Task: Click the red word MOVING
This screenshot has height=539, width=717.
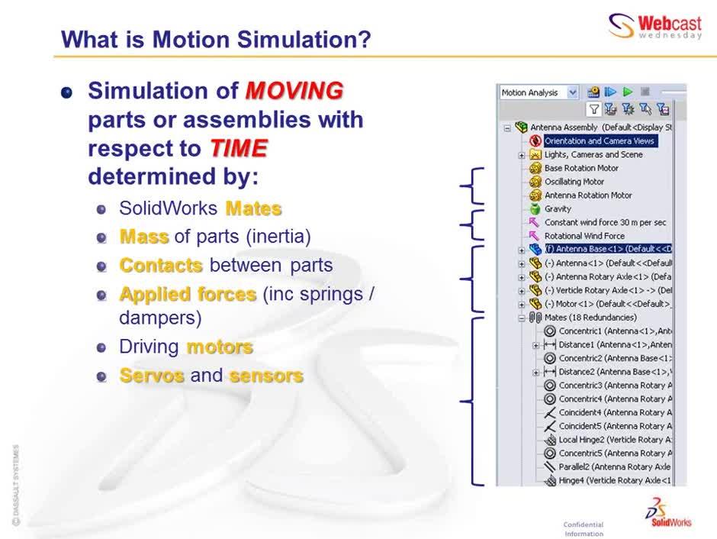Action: (x=294, y=92)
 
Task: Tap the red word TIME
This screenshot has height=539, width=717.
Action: (x=238, y=148)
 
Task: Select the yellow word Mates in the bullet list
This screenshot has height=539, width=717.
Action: (x=253, y=208)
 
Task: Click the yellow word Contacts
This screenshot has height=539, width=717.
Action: (x=161, y=266)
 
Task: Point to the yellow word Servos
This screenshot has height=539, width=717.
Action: (x=152, y=376)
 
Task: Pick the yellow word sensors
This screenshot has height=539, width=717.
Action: (x=266, y=376)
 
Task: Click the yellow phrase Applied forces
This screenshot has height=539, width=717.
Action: (x=188, y=294)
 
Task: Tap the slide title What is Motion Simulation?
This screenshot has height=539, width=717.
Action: (x=215, y=39)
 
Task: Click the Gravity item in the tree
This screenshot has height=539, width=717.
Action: (x=558, y=209)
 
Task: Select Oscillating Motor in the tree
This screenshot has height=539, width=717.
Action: (x=574, y=182)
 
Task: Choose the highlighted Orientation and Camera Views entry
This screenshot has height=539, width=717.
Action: (x=599, y=140)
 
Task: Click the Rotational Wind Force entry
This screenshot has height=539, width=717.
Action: (x=584, y=236)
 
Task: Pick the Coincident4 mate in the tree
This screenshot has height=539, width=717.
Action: (x=614, y=412)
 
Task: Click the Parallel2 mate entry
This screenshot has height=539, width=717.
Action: (x=614, y=466)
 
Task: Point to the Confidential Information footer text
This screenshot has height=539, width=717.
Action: (x=584, y=529)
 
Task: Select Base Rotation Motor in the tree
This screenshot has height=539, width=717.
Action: (x=581, y=168)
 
